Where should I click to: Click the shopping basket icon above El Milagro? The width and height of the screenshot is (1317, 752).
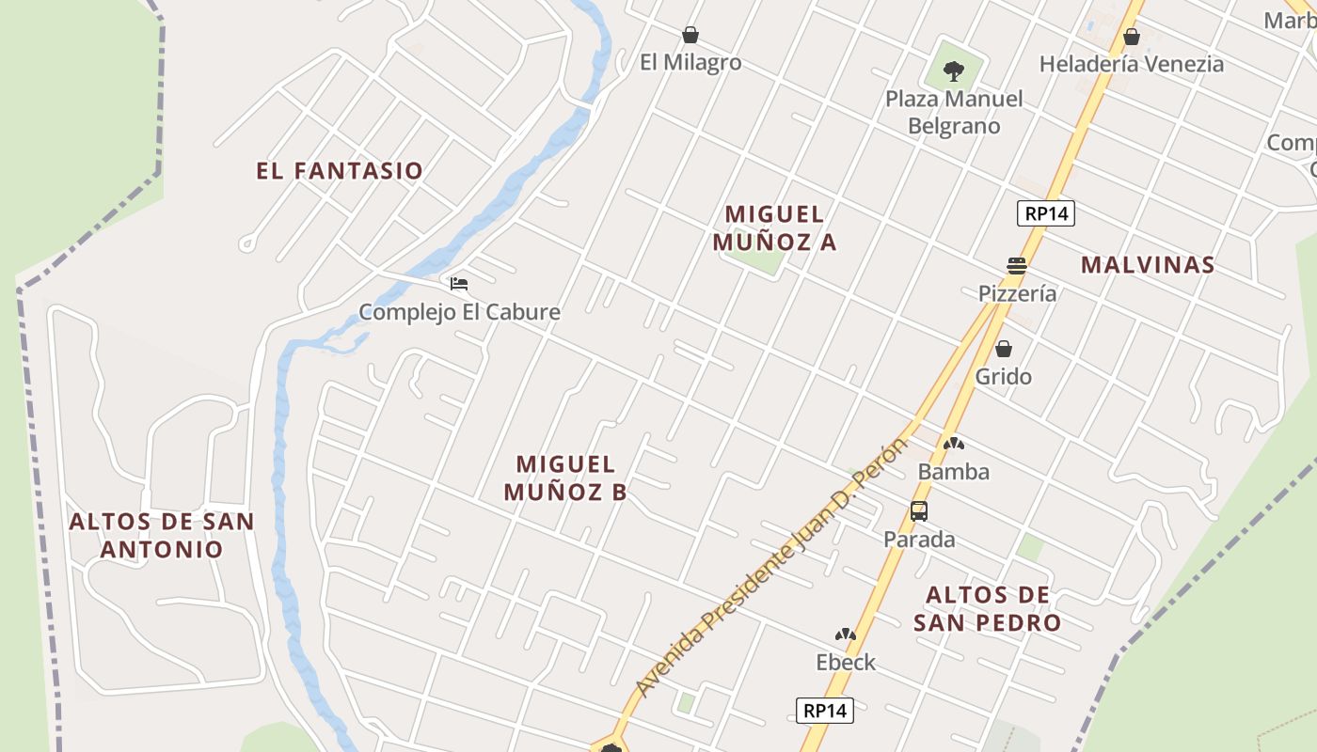pos(690,36)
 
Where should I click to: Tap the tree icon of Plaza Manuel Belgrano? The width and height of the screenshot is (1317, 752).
pos(953,70)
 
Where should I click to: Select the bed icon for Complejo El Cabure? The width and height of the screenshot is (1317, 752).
pos(459,283)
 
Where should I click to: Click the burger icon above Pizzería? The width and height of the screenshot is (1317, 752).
pos(1016,265)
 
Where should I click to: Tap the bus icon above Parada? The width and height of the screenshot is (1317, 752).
pos(919,511)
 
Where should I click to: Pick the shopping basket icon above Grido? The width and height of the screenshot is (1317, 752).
pos(1004,349)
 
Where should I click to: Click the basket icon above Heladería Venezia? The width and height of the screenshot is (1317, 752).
pos(1131,37)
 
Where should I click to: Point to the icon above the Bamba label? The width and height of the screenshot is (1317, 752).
pos(953,444)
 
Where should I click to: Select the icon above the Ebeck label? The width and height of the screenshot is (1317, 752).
pos(846,634)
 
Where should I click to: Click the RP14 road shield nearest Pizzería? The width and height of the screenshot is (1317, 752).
pos(1046,213)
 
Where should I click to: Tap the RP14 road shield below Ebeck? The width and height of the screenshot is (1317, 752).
pos(825,711)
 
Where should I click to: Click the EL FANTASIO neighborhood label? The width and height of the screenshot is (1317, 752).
pos(340,171)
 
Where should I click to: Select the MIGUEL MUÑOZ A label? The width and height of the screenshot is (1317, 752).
pos(774,228)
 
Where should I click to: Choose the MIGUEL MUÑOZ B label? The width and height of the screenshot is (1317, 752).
pos(565,478)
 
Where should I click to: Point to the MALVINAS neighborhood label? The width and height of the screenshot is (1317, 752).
pos(1148,265)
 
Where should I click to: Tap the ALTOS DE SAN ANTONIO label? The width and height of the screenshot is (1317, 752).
pos(162,535)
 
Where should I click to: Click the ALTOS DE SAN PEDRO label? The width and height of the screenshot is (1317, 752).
pos(987,608)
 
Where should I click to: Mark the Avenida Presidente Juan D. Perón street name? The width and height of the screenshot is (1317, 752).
pos(771,569)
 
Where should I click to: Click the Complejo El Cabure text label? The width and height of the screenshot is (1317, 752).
pos(459,312)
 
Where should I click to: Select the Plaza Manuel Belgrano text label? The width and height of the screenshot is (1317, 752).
pos(954,112)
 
